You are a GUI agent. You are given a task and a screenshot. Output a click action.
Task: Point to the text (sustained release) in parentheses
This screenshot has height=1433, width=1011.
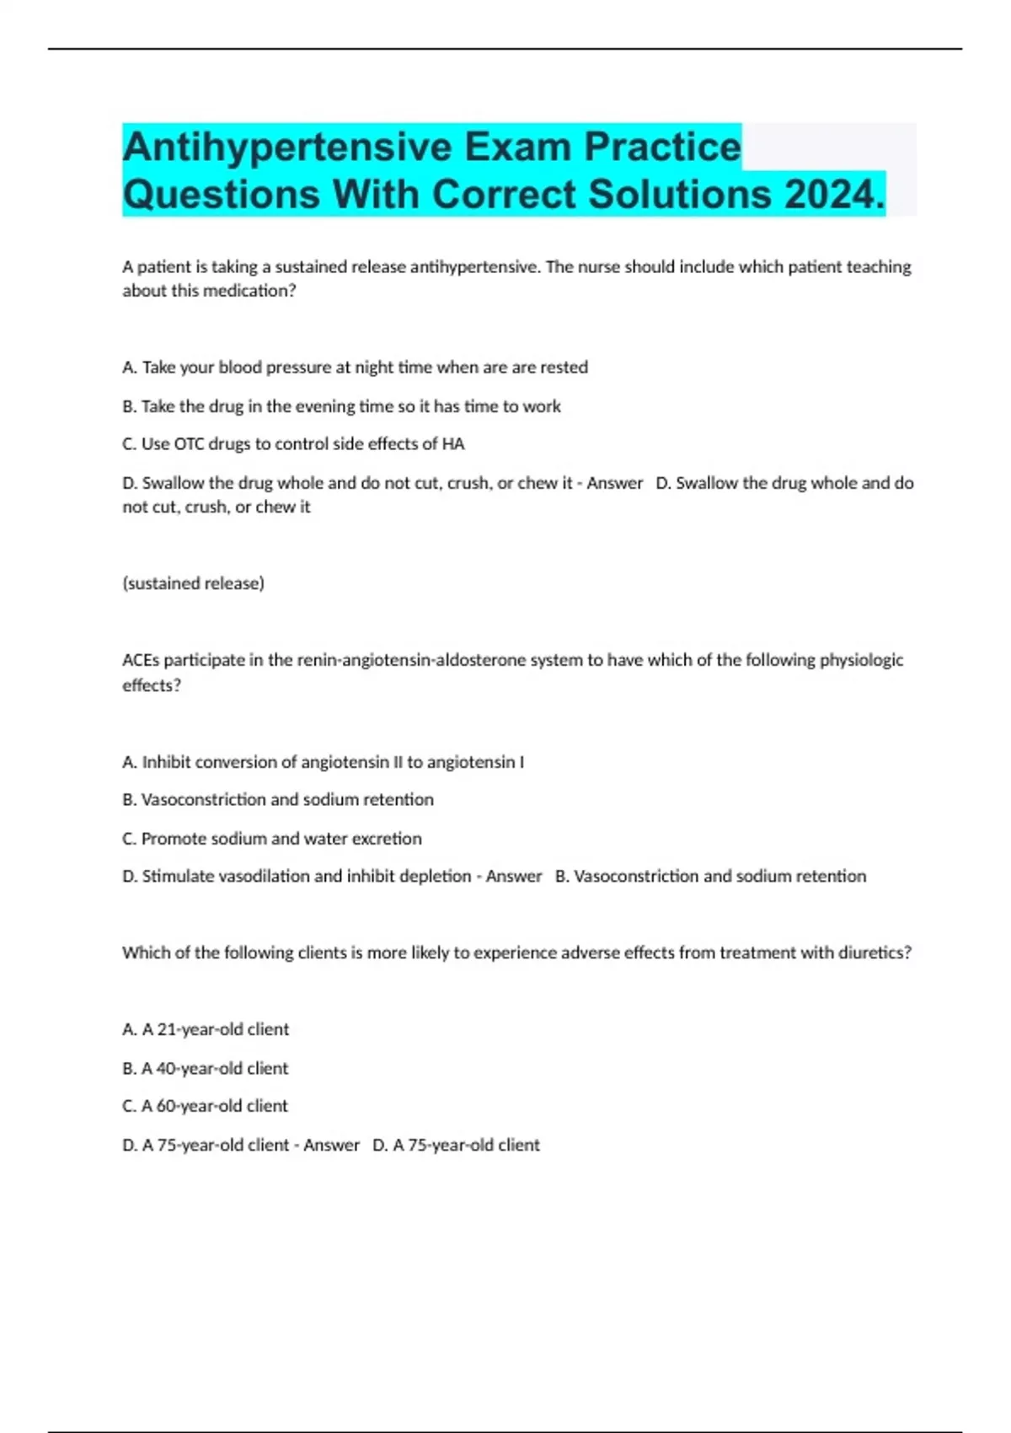coord(193,583)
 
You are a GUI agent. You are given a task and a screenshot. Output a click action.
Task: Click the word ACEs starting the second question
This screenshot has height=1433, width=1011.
coord(141,660)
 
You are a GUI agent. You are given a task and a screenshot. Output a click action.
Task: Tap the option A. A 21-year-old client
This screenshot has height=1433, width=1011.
coord(206,1029)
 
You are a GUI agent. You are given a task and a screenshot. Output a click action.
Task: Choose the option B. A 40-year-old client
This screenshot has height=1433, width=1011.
coord(206,1068)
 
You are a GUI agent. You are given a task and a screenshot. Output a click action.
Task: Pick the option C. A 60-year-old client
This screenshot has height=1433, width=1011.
coord(206,1106)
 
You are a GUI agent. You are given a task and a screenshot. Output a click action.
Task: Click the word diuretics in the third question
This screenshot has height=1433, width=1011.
coord(875,953)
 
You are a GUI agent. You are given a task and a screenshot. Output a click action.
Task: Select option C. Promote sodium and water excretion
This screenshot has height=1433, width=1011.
coord(272,839)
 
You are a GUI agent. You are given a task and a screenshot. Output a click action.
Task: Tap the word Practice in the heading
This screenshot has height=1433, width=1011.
coord(663,148)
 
